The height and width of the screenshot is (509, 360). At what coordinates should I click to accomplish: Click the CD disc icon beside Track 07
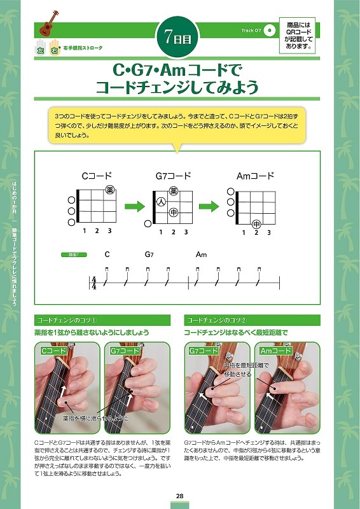point(270,30)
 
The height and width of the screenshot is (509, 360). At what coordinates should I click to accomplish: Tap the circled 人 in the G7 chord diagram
point(162,202)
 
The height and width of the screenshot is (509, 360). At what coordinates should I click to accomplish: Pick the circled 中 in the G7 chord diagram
point(174,213)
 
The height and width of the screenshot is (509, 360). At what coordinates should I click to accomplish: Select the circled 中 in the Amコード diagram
point(256,224)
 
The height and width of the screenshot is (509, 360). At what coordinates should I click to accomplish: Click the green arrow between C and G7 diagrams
point(133,207)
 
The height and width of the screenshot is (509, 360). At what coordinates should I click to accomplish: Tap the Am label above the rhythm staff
point(202,254)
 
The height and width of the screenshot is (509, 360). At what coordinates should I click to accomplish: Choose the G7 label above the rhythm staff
point(149,254)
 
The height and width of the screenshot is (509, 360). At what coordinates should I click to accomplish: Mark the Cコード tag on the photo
point(54,351)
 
